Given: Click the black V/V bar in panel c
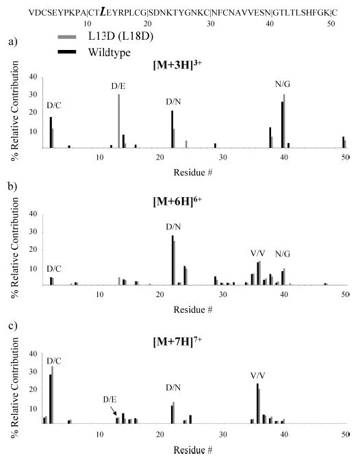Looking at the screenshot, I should click(257, 404).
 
